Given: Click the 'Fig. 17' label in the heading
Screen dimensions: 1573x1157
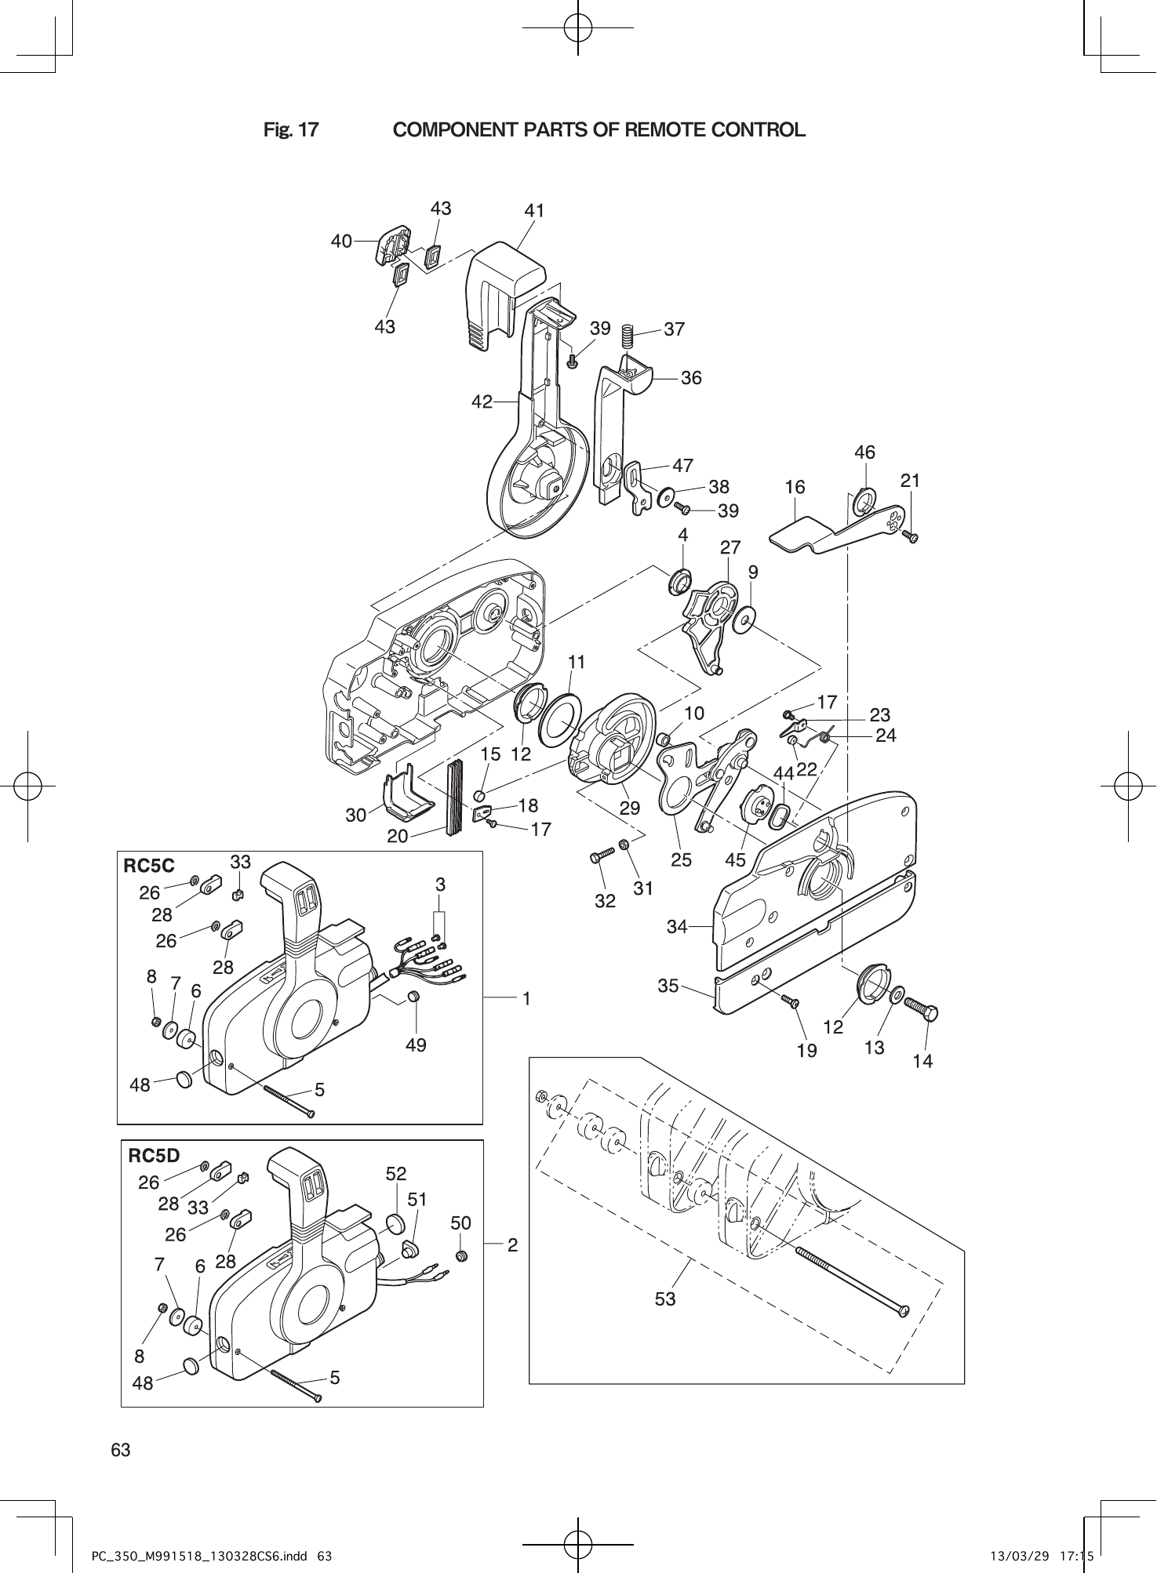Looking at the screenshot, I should pos(291,130).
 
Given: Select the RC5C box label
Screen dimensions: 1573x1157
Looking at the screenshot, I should pos(149,866).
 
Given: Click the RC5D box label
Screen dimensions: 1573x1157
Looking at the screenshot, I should pos(154,1155).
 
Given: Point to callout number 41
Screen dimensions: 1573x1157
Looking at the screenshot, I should pos(534,211).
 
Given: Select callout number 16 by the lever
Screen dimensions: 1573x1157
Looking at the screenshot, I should pos(795,488).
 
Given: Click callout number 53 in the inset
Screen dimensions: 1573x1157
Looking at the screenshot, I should pos(665,1299).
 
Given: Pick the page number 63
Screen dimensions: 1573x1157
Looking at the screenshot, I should pos(121,1450).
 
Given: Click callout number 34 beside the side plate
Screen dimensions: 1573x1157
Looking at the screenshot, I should pos(676,927).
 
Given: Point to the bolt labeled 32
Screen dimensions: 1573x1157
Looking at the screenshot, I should pos(602,858).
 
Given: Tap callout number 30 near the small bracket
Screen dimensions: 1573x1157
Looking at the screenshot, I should pos(356,815).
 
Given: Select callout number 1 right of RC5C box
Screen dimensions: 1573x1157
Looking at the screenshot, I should pos(527,998).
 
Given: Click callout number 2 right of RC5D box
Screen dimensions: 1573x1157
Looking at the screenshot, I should pos(512,1244).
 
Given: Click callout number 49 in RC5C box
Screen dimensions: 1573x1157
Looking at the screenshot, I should pos(416,1044).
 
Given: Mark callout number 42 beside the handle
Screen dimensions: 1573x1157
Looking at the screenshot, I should pos(482,401).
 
